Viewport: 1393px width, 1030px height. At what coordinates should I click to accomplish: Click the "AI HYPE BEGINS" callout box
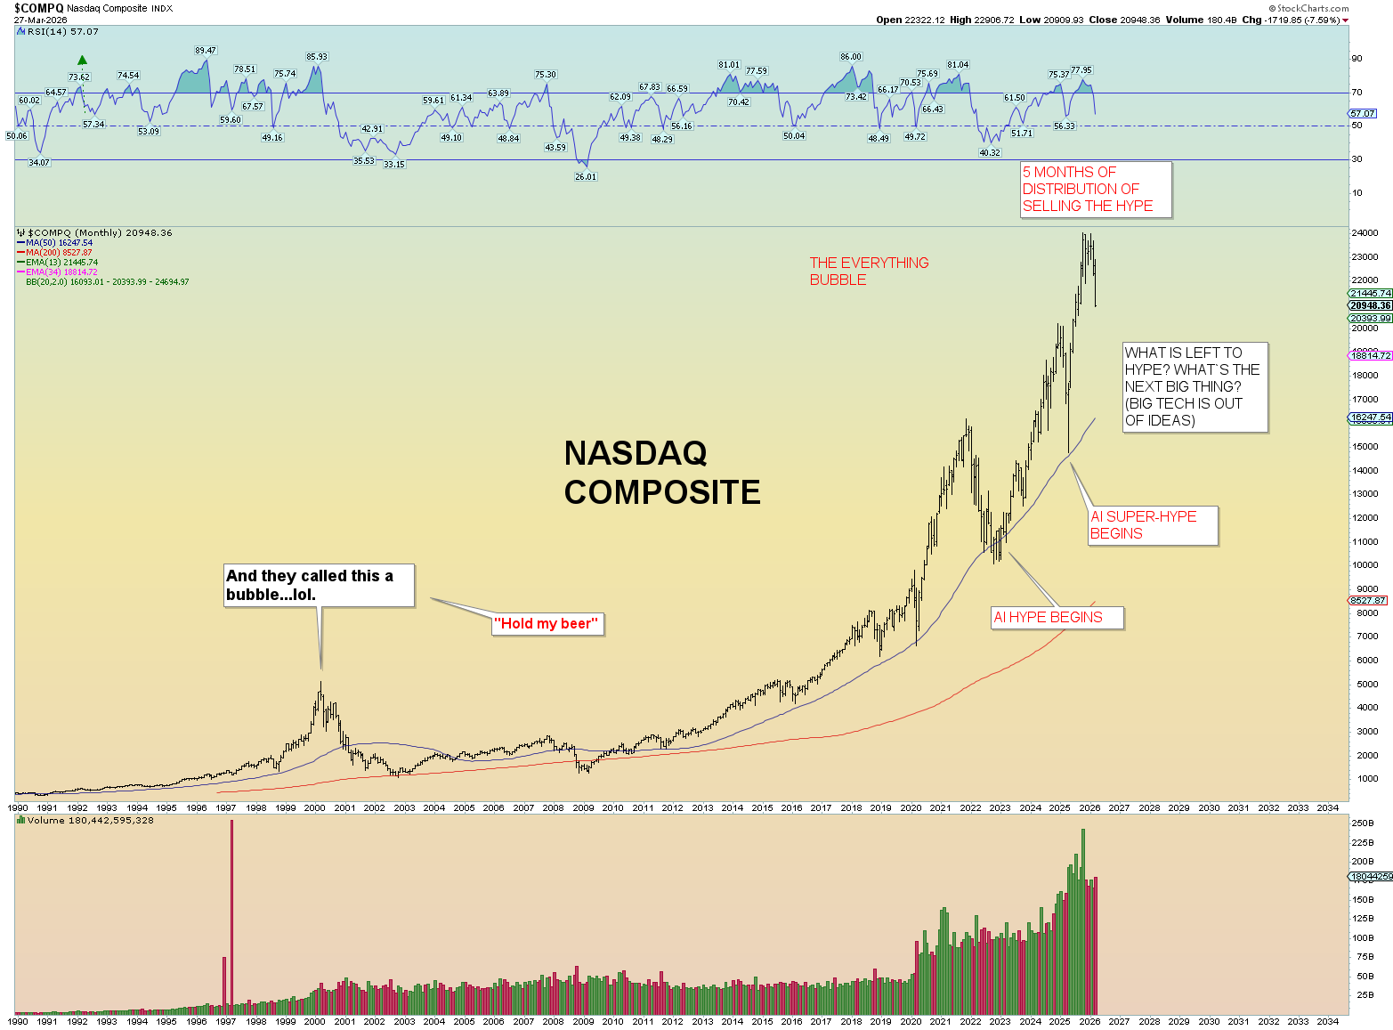1057,618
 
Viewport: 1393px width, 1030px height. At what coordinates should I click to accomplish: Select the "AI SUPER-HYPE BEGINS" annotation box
1153,525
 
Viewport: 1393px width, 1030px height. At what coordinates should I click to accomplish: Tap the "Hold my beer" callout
547,624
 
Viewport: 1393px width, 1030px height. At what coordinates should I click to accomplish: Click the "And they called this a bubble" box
319,586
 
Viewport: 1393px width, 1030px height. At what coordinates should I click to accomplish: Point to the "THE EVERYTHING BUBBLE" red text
869,272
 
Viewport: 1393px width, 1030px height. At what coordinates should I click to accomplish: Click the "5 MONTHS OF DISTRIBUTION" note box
1095,189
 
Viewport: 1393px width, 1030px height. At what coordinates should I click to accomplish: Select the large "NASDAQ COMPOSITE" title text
661,473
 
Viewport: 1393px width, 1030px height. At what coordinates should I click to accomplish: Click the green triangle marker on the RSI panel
82,61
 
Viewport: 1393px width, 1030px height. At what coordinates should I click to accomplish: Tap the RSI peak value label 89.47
206,51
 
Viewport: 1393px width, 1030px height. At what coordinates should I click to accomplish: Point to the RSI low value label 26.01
585,177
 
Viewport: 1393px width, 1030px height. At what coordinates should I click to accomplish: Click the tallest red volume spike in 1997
231,917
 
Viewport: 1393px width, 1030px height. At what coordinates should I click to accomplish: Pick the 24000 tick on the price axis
1365,234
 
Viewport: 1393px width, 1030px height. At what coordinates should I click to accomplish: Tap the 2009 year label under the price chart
583,808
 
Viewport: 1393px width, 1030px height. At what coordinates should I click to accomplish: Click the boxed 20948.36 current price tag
1370,305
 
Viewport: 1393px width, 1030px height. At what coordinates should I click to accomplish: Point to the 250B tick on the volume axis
1363,823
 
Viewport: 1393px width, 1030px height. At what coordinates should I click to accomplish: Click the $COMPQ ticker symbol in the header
38,8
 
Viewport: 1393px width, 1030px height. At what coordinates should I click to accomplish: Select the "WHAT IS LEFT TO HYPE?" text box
1194,387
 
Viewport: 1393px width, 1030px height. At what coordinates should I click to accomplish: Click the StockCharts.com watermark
1312,8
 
